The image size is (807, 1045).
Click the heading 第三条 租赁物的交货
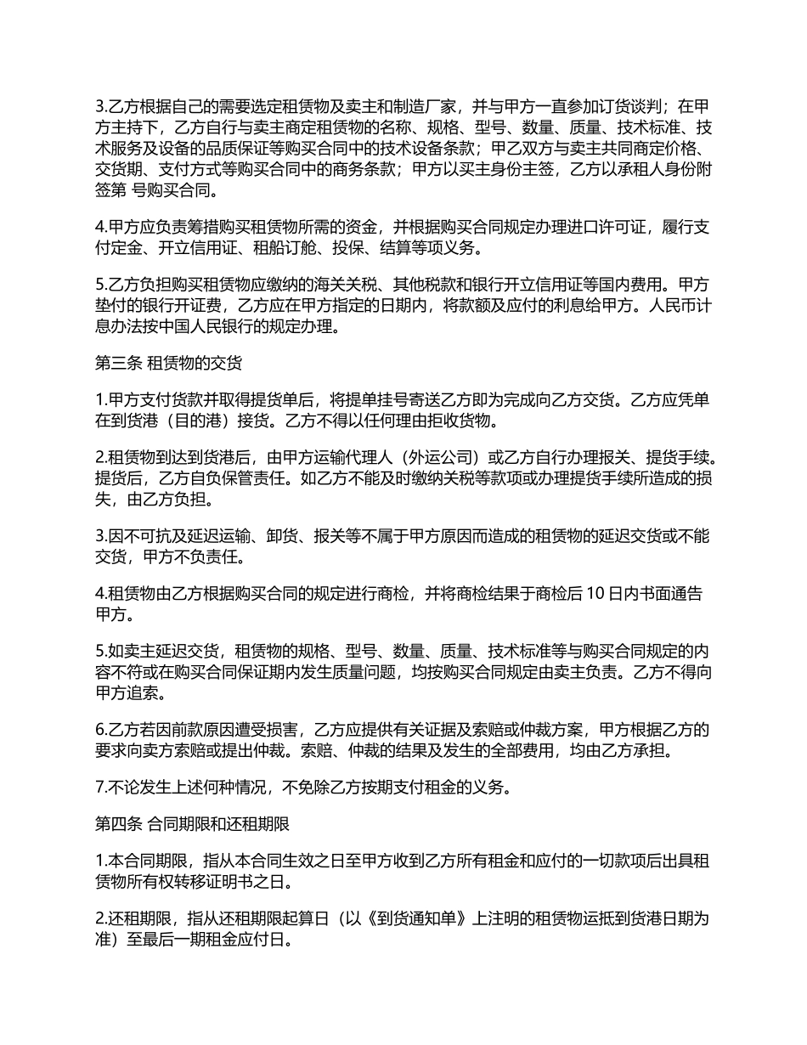click(168, 364)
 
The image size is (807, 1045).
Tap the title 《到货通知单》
click(395, 918)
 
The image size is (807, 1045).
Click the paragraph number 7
click(100, 787)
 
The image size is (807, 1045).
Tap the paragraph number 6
click(100, 730)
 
